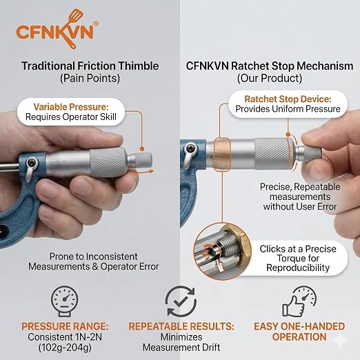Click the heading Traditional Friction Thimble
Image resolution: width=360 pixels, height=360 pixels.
click(90, 66)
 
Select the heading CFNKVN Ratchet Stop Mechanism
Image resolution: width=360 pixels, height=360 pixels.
click(270, 66)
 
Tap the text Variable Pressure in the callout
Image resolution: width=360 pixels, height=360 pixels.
click(71, 107)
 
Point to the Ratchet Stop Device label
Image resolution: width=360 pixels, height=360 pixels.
click(288, 99)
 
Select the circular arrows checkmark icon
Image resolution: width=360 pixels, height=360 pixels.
click(181, 301)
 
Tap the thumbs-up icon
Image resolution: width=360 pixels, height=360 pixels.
click(299, 301)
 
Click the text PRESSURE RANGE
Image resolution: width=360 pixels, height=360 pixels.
click(65, 326)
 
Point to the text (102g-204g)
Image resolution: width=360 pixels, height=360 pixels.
click(65, 348)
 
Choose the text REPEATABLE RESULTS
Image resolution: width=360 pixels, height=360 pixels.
click(181, 326)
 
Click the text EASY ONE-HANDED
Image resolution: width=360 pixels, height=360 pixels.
click(299, 326)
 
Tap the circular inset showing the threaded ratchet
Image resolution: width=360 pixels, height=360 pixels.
click(222, 251)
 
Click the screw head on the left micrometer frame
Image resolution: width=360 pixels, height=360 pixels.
click(32, 163)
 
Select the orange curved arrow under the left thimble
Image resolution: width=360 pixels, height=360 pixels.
click(142, 172)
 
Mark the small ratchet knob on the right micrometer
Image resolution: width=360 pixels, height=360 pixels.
click(310, 153)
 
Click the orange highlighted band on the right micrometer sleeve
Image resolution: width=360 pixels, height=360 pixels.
click(222, 154)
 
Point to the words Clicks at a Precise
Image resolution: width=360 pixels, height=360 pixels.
click(298, 249)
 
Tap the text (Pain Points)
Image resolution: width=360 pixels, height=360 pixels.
click(90, 78)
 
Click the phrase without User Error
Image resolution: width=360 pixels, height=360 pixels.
click(300, 206)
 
